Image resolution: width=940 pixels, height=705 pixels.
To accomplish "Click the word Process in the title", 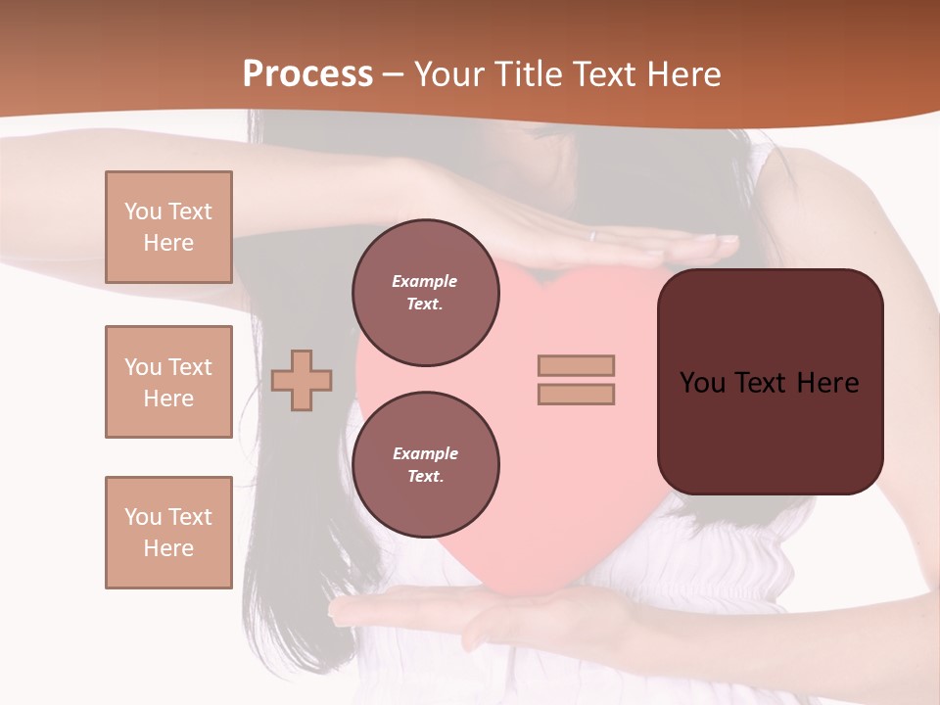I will point(307,74).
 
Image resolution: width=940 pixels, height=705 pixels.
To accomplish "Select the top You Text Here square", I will point(168,227).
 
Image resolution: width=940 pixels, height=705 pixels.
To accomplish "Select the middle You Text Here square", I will point(168,382).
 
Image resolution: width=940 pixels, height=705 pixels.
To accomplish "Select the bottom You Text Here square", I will point(168,533).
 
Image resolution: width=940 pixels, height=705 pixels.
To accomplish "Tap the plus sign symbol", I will point(302,380).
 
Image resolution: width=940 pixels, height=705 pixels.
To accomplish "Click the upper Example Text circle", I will point(425,293).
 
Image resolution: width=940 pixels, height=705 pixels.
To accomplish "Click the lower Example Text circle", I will point(425,465).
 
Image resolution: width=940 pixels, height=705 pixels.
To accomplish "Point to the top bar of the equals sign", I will point(576,365).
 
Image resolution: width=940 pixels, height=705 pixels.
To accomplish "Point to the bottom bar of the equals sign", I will point(576,394).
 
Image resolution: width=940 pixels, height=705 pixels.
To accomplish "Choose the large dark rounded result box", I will point(770,382).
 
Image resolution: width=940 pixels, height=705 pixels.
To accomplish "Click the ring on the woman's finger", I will point(591,236).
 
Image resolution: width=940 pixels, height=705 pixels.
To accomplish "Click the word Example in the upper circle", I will point(424,281).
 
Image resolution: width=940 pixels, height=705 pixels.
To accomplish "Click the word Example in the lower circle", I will point(425,453).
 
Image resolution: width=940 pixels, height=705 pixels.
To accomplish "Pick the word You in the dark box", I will point(702,383).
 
